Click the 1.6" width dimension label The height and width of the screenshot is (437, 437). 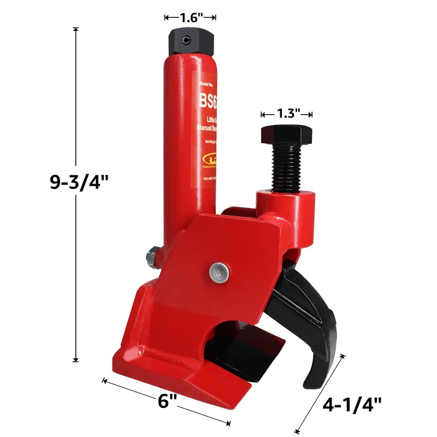(x=190, y=17)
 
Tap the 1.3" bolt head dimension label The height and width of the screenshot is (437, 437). (x=286, y=114)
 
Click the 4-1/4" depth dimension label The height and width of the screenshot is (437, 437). (x=352, y=405)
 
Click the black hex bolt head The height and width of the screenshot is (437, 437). (x=286, y=134)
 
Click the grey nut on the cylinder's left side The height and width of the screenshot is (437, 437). (x=151, y=256)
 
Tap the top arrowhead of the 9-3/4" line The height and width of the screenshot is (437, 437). (x=75, y=29)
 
